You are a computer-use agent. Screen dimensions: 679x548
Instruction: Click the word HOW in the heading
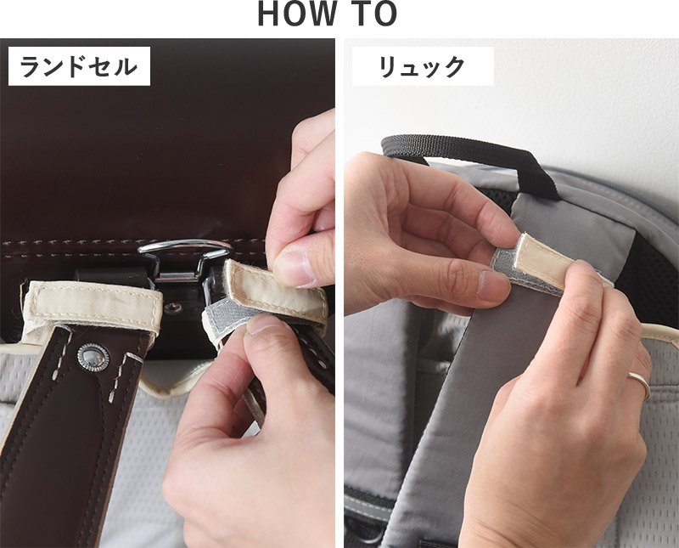296,14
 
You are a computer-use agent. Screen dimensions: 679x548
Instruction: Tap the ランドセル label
79,66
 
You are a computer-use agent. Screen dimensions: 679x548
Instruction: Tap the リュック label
423,66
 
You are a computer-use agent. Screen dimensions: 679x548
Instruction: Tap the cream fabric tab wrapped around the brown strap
93,307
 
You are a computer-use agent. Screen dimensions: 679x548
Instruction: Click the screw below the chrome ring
175,308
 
